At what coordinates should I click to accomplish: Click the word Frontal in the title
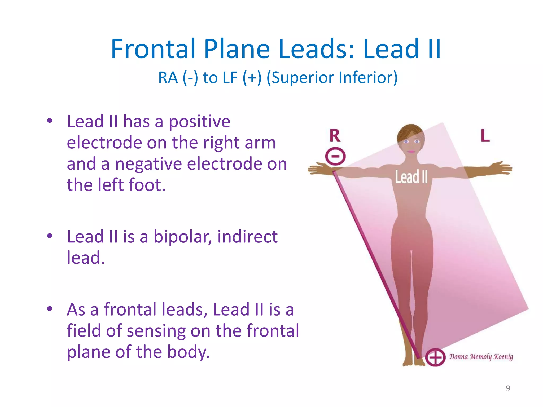coord(153,49)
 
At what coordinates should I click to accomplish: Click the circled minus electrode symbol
coord(335,156)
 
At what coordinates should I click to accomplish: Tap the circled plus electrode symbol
coord(435,357)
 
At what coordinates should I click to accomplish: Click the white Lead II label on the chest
coord(411,177)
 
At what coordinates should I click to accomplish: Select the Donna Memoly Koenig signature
coord(481,357)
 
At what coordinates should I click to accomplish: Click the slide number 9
coord(508,388)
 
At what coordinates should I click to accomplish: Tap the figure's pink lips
coord(411,152)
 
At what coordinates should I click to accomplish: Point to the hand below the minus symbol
coord(318,169)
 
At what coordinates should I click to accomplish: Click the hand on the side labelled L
coord(501,168)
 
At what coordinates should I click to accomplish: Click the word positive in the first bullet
coord(199,122)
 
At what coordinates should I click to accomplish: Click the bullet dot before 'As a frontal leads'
coord(50,309)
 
